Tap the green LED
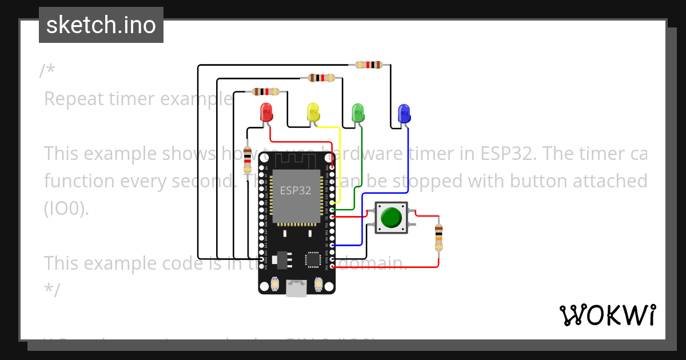(358, 112)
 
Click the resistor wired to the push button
(438, 237)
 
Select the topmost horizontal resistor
(368, 65)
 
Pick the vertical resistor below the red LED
(247, 159)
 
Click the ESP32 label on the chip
(295, 190)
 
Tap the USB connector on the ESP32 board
(296, 289)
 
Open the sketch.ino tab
(101, 25)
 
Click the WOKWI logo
(607, 315)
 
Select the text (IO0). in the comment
(66, 209)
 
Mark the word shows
(184, 154)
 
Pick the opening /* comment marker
(47, 71)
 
